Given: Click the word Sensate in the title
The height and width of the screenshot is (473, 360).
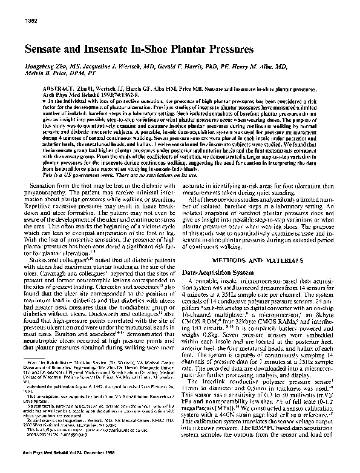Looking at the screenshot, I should pyautogui.click(x=48, y=48).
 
